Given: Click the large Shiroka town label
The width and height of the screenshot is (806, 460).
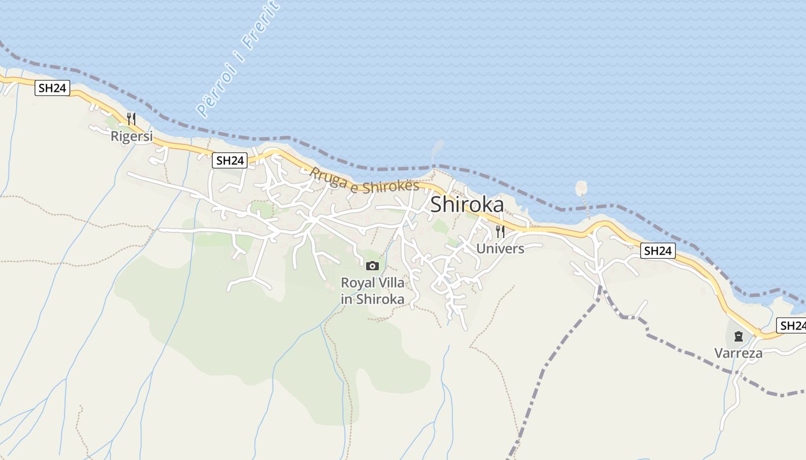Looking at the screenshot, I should [x=467, y=205].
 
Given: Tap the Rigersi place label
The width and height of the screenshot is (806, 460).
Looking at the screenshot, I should [x=132, y=136].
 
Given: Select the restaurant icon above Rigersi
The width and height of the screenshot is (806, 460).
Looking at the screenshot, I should [x=131, y=119].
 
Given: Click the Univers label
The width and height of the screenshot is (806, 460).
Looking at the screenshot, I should [x=500, y=248].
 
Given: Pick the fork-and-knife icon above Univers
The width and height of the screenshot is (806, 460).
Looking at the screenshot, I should [x=500, y=232].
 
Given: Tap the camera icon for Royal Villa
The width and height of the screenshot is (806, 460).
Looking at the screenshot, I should [x=372, y=266].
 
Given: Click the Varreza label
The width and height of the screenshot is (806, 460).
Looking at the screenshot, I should [x=739, y=353].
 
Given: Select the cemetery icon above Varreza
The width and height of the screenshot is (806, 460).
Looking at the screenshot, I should [x=739, y=336].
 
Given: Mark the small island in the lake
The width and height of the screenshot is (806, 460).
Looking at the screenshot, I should [x=581, y=187].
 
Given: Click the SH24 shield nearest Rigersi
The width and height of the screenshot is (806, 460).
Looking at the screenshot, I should [x=52, y=88].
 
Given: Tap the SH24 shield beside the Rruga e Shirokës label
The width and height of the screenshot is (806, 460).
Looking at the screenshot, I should [x=230, y=161].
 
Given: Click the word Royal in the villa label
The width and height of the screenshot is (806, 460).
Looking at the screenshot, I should [x=357, y=283].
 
